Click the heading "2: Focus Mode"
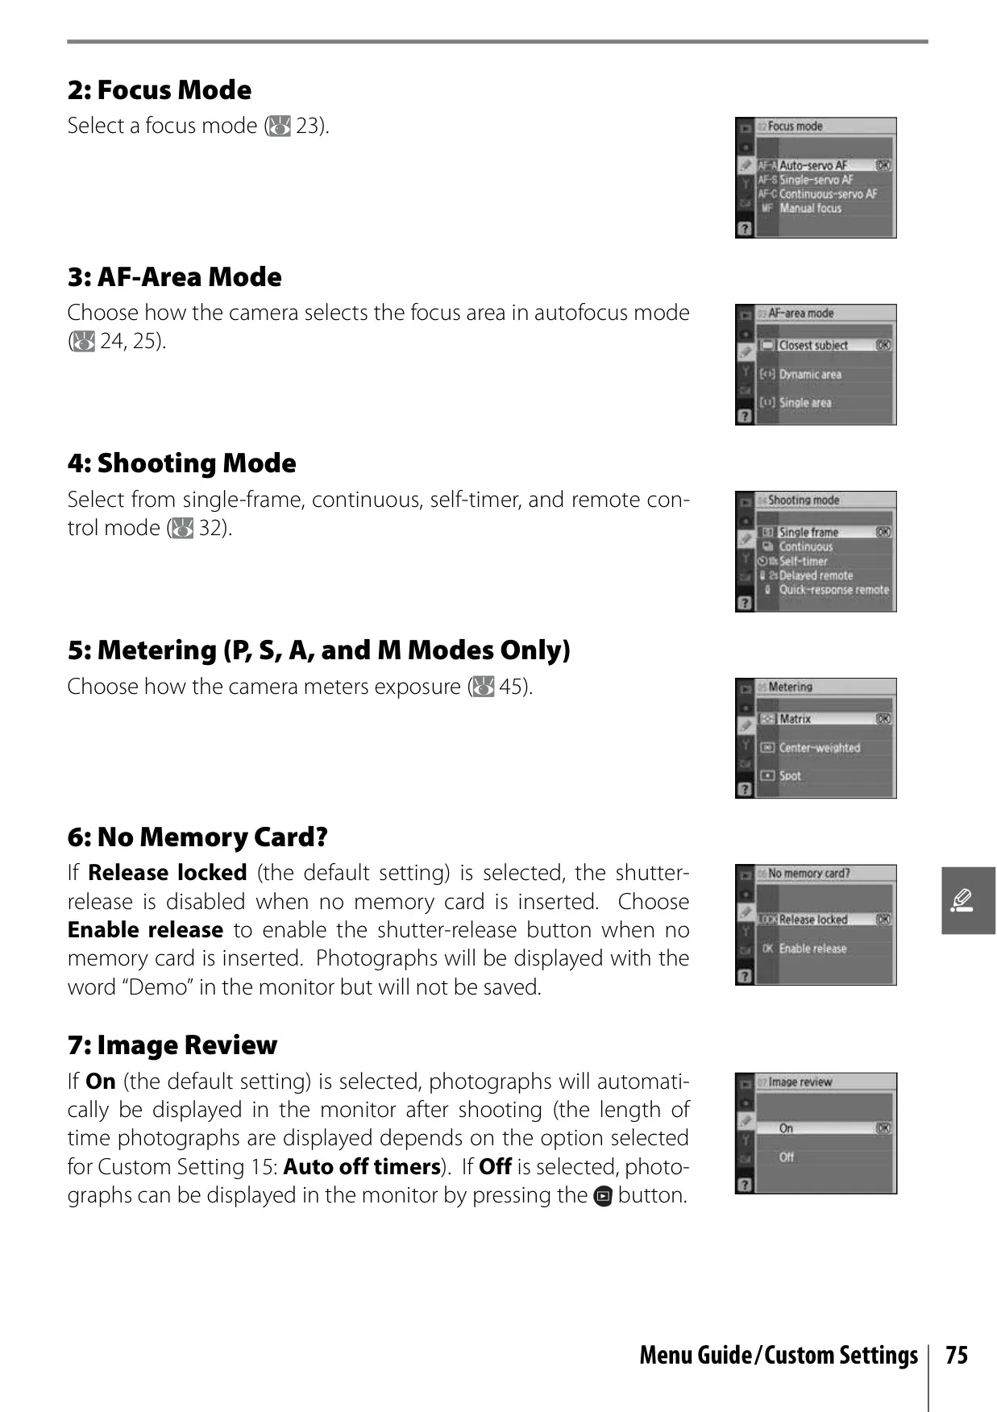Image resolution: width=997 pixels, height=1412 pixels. [x=160, y=90]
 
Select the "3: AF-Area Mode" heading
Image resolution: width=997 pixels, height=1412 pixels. [x=175, y=277]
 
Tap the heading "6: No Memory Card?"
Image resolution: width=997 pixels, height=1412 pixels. [x=197, y=837]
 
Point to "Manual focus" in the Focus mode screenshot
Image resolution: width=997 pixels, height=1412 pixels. [x=810, y=209]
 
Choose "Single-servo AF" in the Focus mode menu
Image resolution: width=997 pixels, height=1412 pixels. [x=816, y=180]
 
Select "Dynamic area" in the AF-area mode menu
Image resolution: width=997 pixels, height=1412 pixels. [x=810, y=374]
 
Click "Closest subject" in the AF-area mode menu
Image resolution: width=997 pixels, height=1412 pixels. [x=813, y=345]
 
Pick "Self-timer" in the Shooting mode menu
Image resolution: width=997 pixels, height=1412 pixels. [x=804, y=561]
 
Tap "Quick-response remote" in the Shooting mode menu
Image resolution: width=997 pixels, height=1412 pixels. [x=834, y=590]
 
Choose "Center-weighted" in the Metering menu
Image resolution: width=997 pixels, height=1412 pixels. [x=820, y=748]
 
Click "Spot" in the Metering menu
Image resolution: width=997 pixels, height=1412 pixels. [x=790, y=776]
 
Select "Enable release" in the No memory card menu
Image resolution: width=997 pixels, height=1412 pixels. [x=812, y=949]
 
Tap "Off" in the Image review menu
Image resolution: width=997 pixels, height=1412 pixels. [x=787, y=1157]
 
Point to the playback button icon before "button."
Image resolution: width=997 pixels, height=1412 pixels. [x=603, y=1197]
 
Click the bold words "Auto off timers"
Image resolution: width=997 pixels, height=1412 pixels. [x=362, y=1167]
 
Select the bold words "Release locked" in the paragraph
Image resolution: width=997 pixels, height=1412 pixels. [x=168, y=873]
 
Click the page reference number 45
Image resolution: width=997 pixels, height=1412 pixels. [x=511, y=687]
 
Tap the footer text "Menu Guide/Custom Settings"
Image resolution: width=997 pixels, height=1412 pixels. [x=779, y=1356]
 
